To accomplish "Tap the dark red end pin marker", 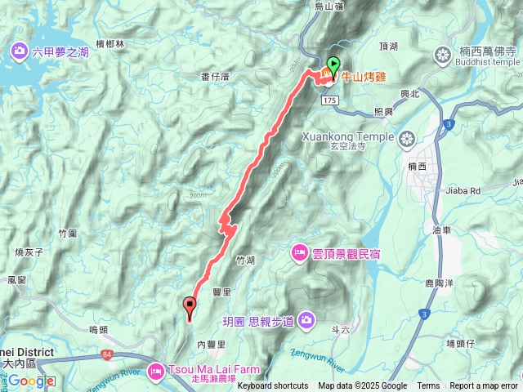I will tap(191, 308).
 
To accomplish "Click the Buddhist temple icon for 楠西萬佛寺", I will tap(443, 56).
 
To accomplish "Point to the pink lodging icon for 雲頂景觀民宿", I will tap(298, 252).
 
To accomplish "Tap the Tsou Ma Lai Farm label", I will tap(200, 367).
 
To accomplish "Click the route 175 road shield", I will tap(329, 100).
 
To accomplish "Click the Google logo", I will tap(32, 381).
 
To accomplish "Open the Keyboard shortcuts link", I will tap(273, 386).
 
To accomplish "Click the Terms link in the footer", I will tap(428, 386).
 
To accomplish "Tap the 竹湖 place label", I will tap(244, 261).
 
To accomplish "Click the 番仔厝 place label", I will tap(216, 76).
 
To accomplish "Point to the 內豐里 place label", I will tap(210, 344).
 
